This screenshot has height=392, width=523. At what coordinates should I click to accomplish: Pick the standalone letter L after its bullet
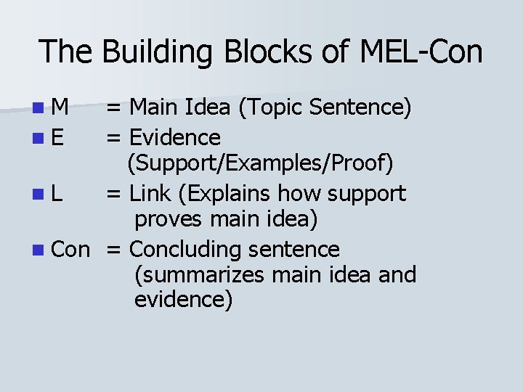57,194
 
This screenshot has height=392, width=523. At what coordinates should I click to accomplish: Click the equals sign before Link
114,195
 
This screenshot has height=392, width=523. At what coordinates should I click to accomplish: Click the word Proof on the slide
365,164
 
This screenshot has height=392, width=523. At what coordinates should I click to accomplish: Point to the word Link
149,194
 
